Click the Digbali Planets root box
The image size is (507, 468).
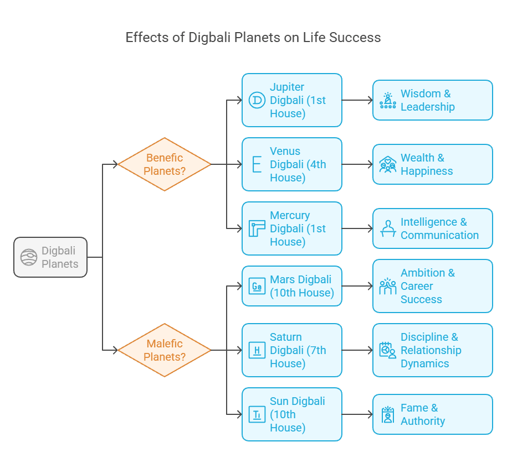click(50, 257)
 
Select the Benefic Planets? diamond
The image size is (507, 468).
click(165, 164)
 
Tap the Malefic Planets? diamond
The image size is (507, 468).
click(165, 350)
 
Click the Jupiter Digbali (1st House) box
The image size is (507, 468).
click(292, 100)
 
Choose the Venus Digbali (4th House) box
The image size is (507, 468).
click(292, 164)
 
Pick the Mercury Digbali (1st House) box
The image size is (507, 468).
click(292, 228)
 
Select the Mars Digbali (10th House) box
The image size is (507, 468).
click(292, 286)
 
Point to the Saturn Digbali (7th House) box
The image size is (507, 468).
click(292, 350)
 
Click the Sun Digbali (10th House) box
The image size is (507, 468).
click(292, 414)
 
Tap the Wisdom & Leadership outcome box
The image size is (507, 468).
click(432, 100)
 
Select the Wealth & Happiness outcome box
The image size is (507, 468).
click(432, 164)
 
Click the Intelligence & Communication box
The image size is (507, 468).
click(432, 228)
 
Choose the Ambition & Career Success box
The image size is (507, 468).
click(432, 286)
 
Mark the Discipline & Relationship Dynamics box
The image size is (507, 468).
click(432, 350)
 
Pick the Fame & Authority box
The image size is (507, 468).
click(432, 414)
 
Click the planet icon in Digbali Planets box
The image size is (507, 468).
click(29, 257)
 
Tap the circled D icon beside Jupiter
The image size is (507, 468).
click(257, 100)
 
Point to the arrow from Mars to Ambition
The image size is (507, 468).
click(357, 286)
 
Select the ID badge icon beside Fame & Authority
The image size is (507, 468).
click(388, 414)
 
